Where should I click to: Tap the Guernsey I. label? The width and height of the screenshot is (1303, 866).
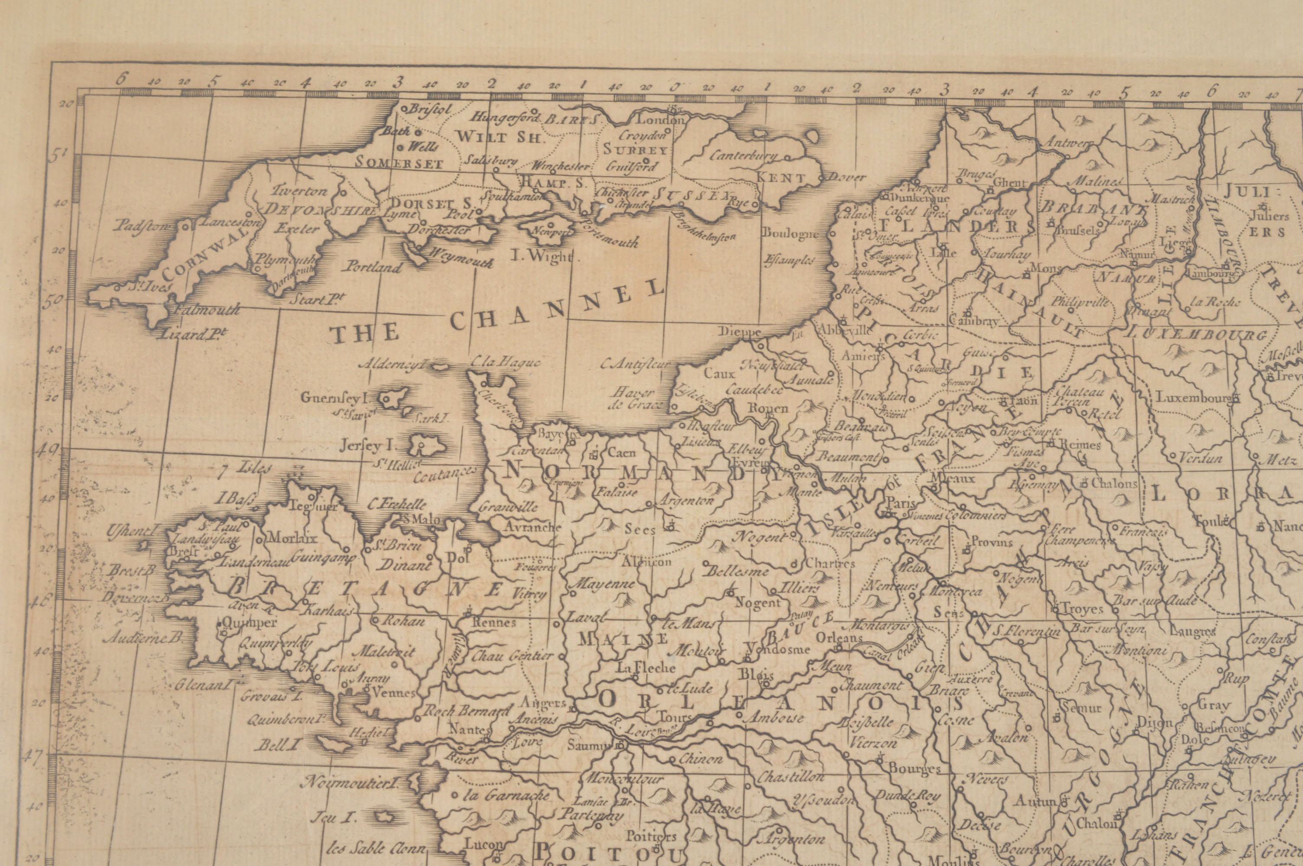click(x=334, y=397)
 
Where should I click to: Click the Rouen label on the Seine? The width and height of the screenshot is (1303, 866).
click(x=767, y=408)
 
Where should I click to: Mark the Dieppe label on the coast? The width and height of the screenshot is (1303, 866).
click(x=739, y=332)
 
